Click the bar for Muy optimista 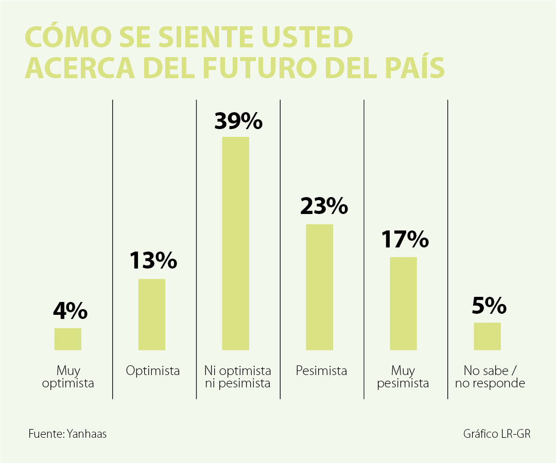68,339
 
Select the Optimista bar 152,314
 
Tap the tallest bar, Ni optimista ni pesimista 235,243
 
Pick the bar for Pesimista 319,287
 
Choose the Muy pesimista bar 403,304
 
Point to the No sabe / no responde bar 487,336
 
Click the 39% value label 238,121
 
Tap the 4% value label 70,312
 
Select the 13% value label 153,261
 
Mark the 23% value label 324,206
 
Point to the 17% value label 405,239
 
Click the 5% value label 489,307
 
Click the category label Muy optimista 68,377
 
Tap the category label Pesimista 321,370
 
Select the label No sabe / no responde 490,377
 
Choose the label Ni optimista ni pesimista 237,377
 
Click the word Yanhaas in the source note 87,434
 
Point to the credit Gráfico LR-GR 496,434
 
